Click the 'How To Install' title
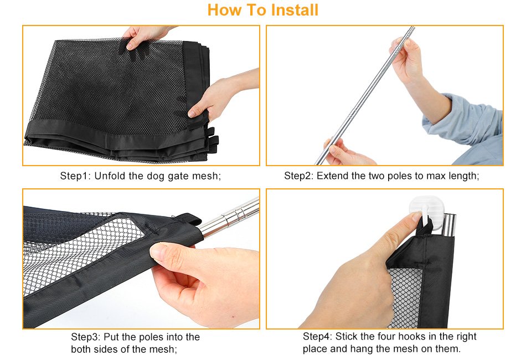tap(262, 10)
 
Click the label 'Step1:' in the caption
tap(75, 176)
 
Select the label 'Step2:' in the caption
tap(298, 176)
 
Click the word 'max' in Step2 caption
tap(435, 176)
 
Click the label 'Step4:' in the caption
tap(317, 337)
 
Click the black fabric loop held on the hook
tap(424, 228)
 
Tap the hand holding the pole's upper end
tap(405, 58)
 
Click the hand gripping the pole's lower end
tap(345, 153)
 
